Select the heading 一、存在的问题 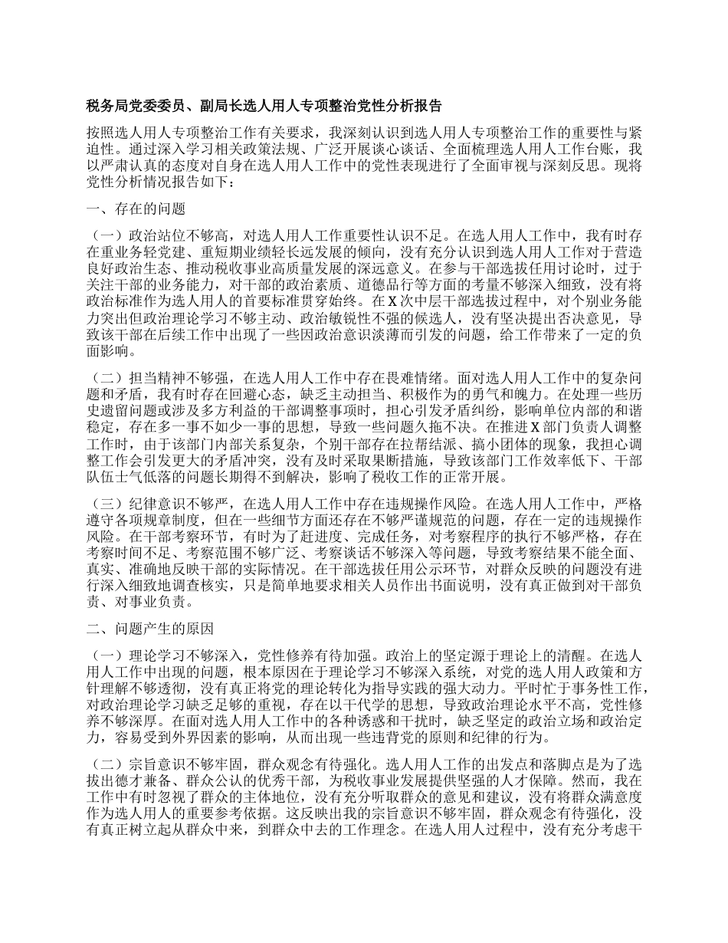136,209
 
